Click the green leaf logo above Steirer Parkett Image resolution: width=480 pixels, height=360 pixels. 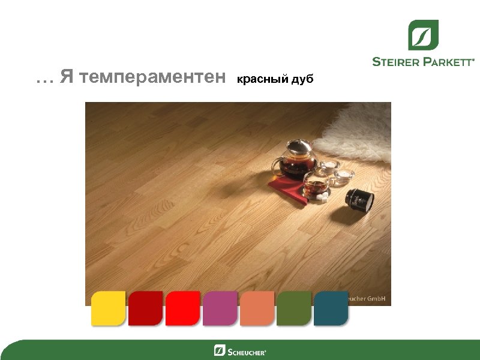(x=423, y=35)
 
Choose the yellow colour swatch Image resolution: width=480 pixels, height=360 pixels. (x=108, y=308)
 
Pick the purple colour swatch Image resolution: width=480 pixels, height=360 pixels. (x=220, y=308)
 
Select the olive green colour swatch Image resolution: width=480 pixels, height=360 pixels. (x=294, y=308)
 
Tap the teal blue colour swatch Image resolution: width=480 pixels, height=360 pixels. (x=331, y=308)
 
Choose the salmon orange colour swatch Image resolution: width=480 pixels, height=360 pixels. (x=257, y=308)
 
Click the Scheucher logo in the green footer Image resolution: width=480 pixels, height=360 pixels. (x=240, y=350)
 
